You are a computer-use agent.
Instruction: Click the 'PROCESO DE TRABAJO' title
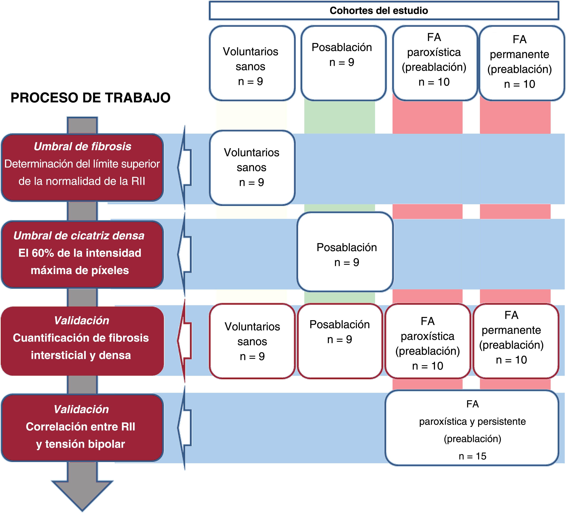tap(90, 98)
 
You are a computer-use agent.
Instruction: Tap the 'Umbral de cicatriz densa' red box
tap(82, 254)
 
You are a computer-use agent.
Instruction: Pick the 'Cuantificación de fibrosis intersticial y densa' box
tap(82, 341)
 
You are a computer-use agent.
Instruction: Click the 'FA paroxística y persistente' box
tap(472, 428)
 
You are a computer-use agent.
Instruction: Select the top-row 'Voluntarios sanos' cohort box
tap(252, 63)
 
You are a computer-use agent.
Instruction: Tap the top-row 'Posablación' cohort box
tap(343, 63)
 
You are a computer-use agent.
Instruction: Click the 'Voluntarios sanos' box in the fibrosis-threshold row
tap(252, 168)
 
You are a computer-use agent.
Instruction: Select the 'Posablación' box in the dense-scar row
tap(345, 252)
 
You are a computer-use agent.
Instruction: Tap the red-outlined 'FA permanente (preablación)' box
tap(516, 341)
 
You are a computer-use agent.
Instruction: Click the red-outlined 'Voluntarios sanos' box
tap(252, 341)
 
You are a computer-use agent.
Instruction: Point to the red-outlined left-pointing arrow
tap(185, 341)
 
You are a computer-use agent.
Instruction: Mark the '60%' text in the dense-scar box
tap(43, 253)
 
